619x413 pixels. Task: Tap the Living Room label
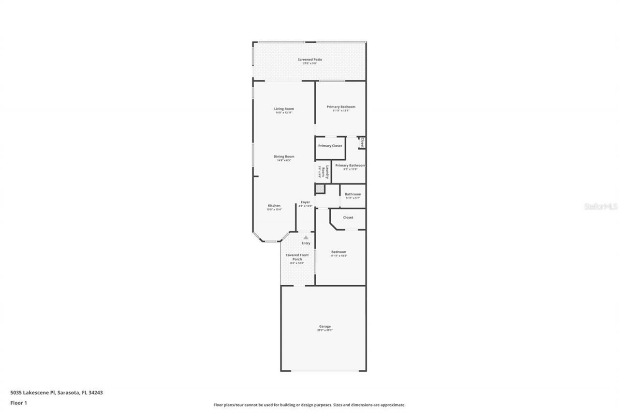tap(284, 109)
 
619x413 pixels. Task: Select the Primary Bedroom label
tap(340, 107)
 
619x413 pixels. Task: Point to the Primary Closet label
tap(330, 146)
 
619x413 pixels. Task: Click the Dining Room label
tap(284, 156)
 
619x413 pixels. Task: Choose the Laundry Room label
tap(327, 172)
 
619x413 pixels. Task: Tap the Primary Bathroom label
tap(350, 166)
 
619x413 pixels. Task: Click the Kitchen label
tap(274, 206)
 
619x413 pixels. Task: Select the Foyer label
tap(305, 202)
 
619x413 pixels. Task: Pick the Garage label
tap(324, 326)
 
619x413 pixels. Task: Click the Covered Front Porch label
tap(297, 257)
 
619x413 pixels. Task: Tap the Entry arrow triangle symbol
tap(305, 237)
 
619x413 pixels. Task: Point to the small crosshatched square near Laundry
tap(320, 188)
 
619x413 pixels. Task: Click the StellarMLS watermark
tap(601, 207)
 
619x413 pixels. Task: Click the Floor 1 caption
tap(19, 402)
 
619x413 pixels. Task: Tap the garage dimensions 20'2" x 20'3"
tap(324, 330)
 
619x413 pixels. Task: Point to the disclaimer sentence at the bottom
tap(309, 405)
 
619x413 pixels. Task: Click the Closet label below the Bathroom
tap(348, 217)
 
